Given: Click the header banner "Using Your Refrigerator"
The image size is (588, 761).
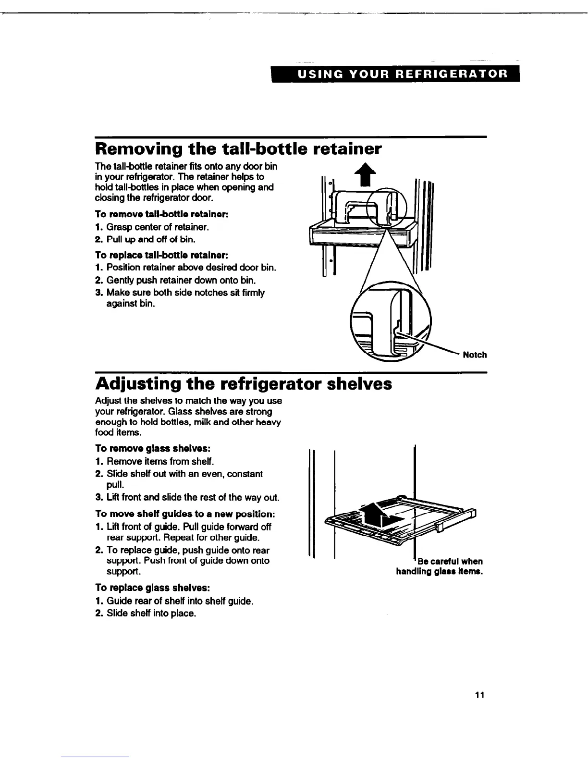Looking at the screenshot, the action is coord(396,75).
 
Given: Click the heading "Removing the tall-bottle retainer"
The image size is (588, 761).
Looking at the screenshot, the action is coord(239,150).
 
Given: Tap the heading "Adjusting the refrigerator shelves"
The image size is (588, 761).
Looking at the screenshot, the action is coord(244,384).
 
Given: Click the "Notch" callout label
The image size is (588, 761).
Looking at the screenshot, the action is coord(475,355).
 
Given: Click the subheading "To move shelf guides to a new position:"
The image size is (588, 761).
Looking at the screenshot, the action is coord(185,515).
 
